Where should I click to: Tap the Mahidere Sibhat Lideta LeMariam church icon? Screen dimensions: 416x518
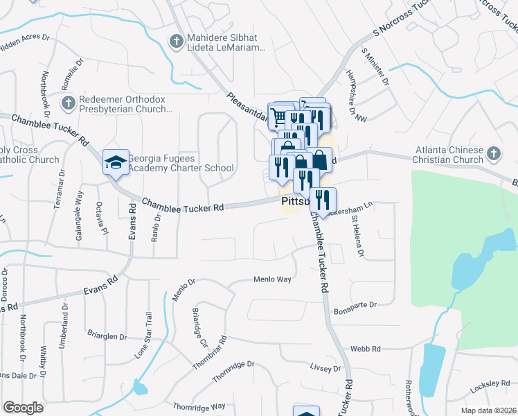pos(178,40)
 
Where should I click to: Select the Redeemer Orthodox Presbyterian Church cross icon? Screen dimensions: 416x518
pos(68,103)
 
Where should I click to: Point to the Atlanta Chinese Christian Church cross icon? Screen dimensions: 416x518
pos(493,154)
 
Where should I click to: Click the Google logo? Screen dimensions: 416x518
pos(23,408)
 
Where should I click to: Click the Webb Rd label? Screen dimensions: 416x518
pos(366,349)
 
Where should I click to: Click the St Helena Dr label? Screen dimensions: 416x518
pos(358,237)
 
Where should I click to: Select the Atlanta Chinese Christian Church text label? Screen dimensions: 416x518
pos(449,155)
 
